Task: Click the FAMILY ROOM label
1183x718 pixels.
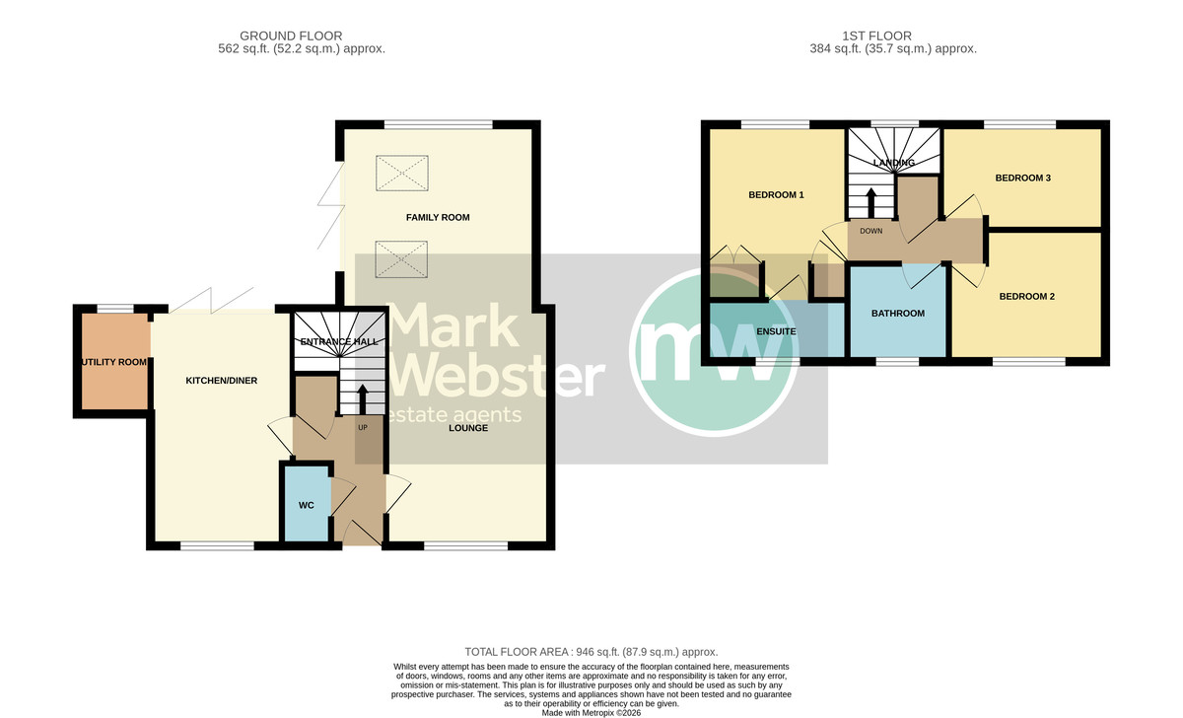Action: point(438,217)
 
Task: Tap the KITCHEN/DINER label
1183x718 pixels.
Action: point(221,381)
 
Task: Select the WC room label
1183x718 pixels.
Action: point(307,506)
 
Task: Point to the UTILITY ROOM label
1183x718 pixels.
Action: point(114,362)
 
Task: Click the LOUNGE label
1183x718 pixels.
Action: point(468,428)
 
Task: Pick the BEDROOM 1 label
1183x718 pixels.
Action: point(776,195)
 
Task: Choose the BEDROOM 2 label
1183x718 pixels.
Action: point(1026,297)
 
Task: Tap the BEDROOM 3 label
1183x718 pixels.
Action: point(1023,179)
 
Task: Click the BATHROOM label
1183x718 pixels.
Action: point(898,314)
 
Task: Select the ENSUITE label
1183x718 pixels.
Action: point(776,331)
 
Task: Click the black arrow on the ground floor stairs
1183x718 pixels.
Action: point(363,399)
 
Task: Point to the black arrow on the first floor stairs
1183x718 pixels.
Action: point(870,203)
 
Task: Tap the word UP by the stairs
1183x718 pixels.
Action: point(363,428)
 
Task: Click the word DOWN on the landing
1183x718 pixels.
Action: point(870,231)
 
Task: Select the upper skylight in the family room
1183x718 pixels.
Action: point(402,173)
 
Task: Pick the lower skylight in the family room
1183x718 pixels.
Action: point(401,258)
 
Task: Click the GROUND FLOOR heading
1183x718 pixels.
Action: point(291,36)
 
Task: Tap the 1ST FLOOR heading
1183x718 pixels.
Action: point(876,36)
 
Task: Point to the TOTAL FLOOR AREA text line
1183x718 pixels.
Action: point(591,652)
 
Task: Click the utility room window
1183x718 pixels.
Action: point(115,309)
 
